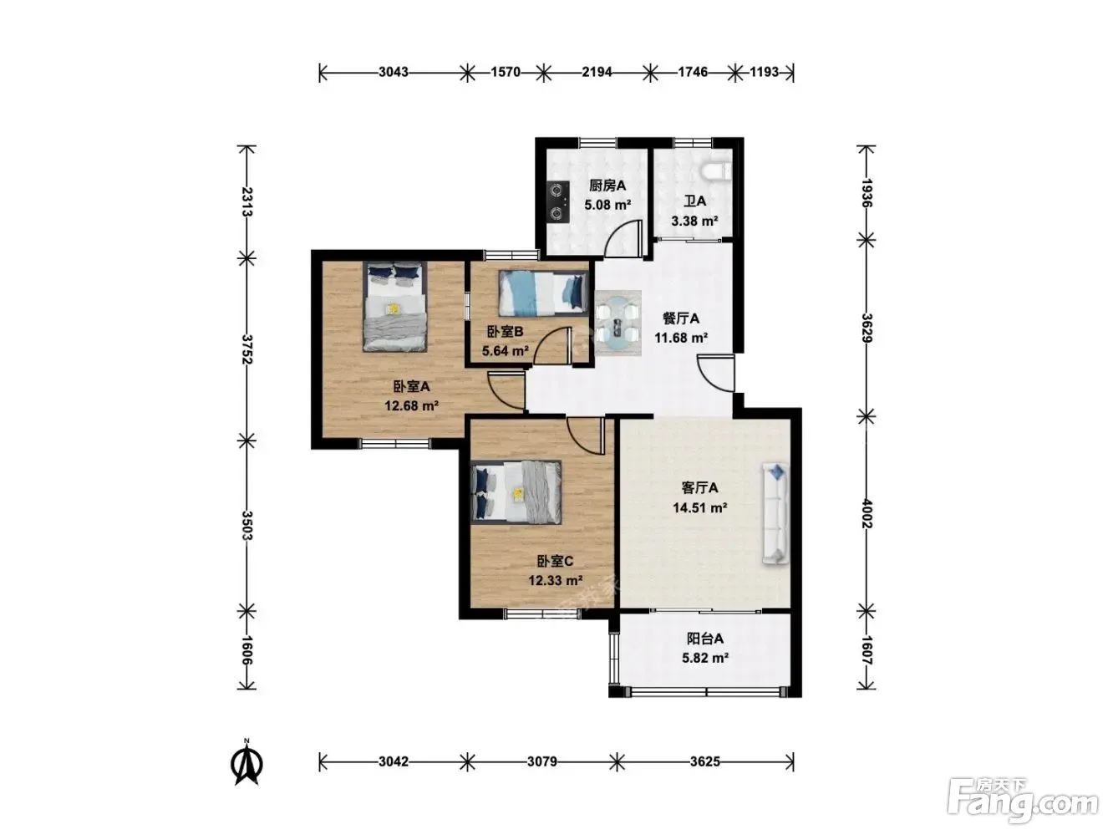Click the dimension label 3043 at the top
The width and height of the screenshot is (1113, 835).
393,72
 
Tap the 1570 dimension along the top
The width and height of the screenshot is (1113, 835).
505,72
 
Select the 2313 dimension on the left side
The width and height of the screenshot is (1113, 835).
247,201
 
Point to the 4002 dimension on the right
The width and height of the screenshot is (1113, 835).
867,513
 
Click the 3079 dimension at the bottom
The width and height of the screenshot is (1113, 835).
541,761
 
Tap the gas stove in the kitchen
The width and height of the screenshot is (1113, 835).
558,201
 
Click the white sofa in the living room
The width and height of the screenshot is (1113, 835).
775,513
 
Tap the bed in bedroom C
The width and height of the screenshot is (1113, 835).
516,491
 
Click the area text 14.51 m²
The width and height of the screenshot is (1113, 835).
700,507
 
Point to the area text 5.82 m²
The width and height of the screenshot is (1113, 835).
705,658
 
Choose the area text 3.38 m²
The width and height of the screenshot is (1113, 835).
694,221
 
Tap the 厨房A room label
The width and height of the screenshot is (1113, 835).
607,186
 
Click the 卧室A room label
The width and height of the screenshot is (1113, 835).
411,386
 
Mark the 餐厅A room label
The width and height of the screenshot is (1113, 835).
681,318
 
